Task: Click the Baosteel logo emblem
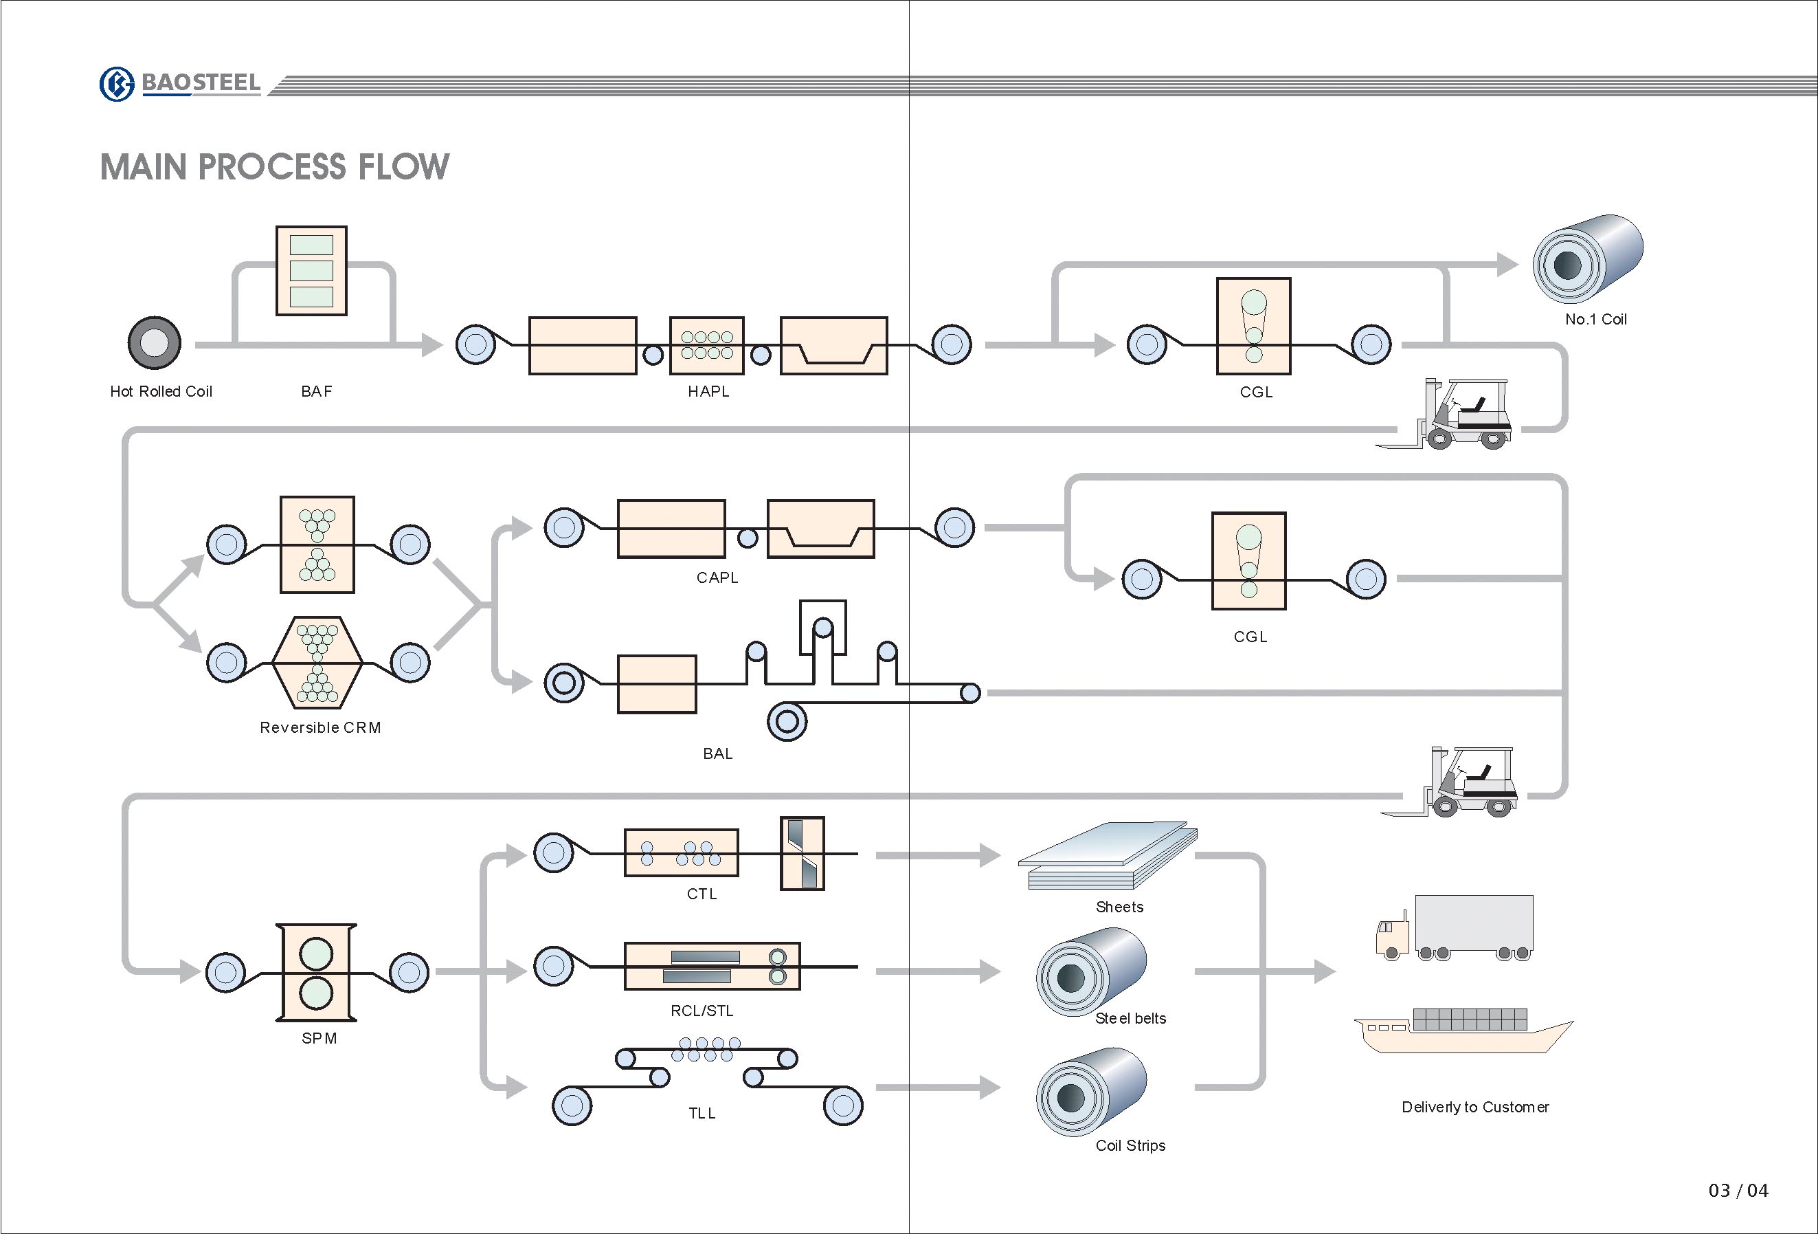tap(117, 84)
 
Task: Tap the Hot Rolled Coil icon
tap(154, 343)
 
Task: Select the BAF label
tap(317, 391)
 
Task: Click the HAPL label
tap(709, 391)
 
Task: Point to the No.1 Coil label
tap(1595, 319)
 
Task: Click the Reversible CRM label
tap(321, 728)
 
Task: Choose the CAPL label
tap(717, 577)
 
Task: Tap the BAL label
tap(717, 753)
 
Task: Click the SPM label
tap(319, 1038)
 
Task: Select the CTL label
tap(702, 894)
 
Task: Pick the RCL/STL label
tap(702, 1011)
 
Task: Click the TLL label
tap(702, 1113)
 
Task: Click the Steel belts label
tap(1130, 1018)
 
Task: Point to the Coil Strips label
tap(1130, 1145)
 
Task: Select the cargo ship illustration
tap(1463, 1031)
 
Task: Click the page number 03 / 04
tap(1738, 1190)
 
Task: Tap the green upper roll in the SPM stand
tap(316, 954)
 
